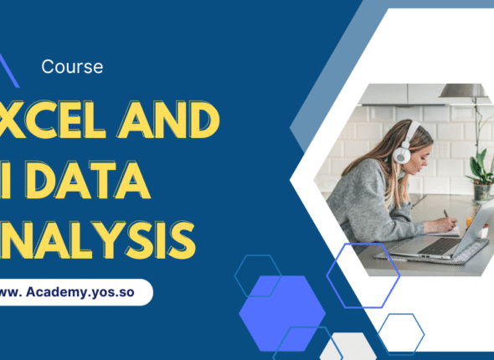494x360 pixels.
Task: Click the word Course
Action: point(72,67)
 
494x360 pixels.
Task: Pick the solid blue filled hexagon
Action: point(282,312)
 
